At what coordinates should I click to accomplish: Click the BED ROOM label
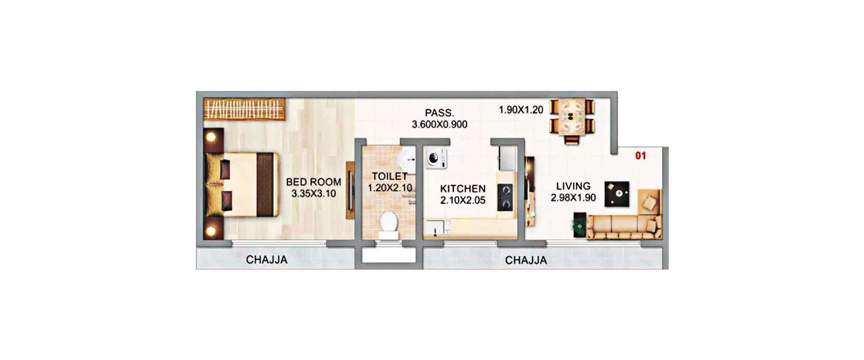point(314,183)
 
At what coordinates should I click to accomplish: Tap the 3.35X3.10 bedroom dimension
point(314,194)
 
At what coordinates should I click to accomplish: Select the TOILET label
point(389,176)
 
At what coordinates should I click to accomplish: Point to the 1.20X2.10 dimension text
point(389,188)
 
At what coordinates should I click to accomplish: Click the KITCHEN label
point(463,189)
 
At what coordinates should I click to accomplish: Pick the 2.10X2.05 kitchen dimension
point(463,200)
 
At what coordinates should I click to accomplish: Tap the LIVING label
point(573,186)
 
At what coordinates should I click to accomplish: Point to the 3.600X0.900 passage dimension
point(439,124)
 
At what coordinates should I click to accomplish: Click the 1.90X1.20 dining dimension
point(521,110)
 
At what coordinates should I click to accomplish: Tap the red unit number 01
point(641,156)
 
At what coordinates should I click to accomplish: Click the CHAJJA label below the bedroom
point(267,260)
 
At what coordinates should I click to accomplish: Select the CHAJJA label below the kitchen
point(526,261)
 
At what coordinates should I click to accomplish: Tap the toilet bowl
point(389,223)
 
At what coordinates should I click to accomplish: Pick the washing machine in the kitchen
point(435,158)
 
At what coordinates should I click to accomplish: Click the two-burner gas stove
point(505,196)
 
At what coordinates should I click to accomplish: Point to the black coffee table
point(616,194)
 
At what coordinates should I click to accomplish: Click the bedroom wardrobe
point(245,109)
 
